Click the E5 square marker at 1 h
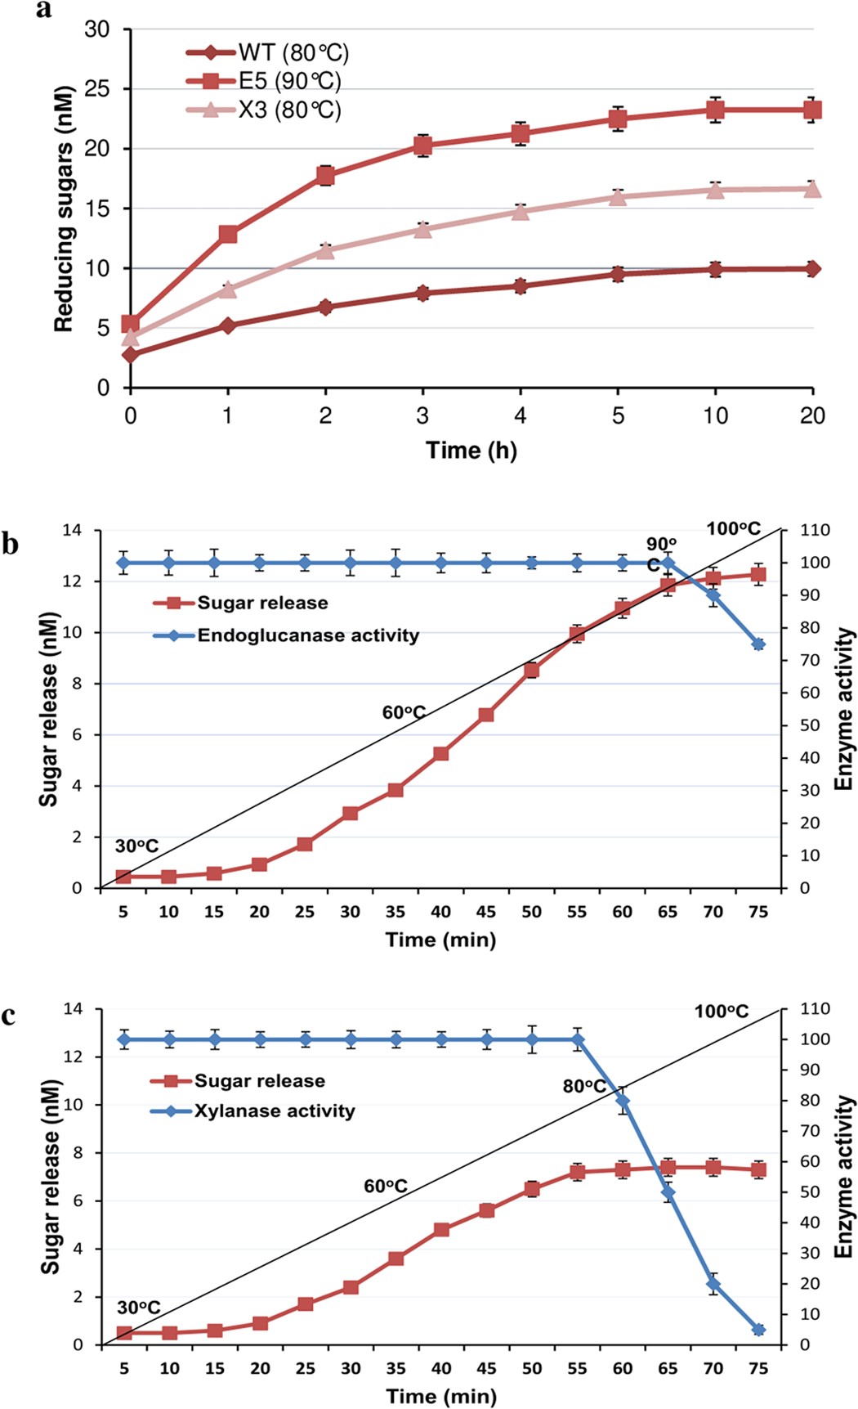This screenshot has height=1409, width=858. coord(228,235)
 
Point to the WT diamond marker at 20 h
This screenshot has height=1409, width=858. coord(812,268)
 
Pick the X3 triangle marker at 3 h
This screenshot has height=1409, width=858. coord(422,229)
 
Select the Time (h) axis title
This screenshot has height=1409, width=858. coord(471,451)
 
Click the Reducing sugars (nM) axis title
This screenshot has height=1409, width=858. coord(64,209)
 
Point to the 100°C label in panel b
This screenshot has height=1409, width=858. coord(733,529)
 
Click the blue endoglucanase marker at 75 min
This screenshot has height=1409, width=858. coord(758,644)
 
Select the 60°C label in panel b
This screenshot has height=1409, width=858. coord(404,713)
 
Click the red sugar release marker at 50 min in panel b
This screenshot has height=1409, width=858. coord(532,671)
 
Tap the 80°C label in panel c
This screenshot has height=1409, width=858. coord(584,1087)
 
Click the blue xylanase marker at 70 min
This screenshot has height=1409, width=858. coord(713,1284)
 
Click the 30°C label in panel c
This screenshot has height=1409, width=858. coord(138,1308)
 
